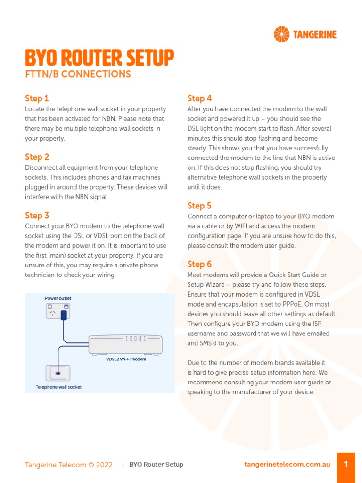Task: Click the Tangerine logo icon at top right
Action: pos(282,34)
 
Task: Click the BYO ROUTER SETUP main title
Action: pos(99,58)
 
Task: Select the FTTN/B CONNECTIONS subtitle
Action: pos(78,74)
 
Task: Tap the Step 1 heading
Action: pos(37,99)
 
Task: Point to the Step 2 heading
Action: pos(37,157)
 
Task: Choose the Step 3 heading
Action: pos(37,216)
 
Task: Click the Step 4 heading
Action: pos(199,99)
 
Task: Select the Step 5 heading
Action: pos(199,206)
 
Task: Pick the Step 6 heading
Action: pos(199,264)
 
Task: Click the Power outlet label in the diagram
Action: pos(58,298)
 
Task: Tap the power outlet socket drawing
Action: pos(58,311)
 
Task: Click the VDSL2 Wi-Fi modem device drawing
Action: pos(125,345)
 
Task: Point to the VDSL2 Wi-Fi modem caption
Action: pos(125,359)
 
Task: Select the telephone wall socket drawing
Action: pos(57,373)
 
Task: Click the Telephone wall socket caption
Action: pos(59,387)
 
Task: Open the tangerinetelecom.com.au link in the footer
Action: pos(287,465)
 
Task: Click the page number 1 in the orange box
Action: pos(346,465)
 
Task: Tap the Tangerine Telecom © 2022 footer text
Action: pos(69,465)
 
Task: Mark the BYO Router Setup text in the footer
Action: pos(156,465)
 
